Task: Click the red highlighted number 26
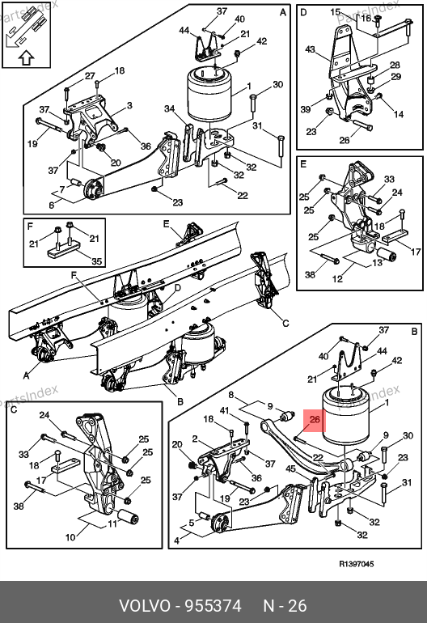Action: tap(315, 419)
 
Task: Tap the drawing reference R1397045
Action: tap(357, 563)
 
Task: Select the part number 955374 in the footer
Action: tap(213, 606)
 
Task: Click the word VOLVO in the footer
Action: tap(145, 606)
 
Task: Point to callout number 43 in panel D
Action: tap(310, 49)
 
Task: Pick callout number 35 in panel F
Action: tap(97, 261)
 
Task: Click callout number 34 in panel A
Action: tap(170, 108)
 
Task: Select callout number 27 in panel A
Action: tap(90, 75)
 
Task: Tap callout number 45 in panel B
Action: tap(291, 468)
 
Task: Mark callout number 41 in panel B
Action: tap(225, 410)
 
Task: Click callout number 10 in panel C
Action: tap(70, 537)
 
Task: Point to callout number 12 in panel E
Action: tap(337, 278)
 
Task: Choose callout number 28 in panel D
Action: tap(395, 65)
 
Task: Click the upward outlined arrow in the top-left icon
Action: tap(26, 58)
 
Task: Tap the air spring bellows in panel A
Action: tap(209, 94)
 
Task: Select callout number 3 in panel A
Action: tap(129, 105)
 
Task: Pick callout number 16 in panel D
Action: tap(366, 18)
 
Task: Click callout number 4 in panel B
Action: tap(177, 540)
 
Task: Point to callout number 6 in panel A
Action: tap(51, 205)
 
